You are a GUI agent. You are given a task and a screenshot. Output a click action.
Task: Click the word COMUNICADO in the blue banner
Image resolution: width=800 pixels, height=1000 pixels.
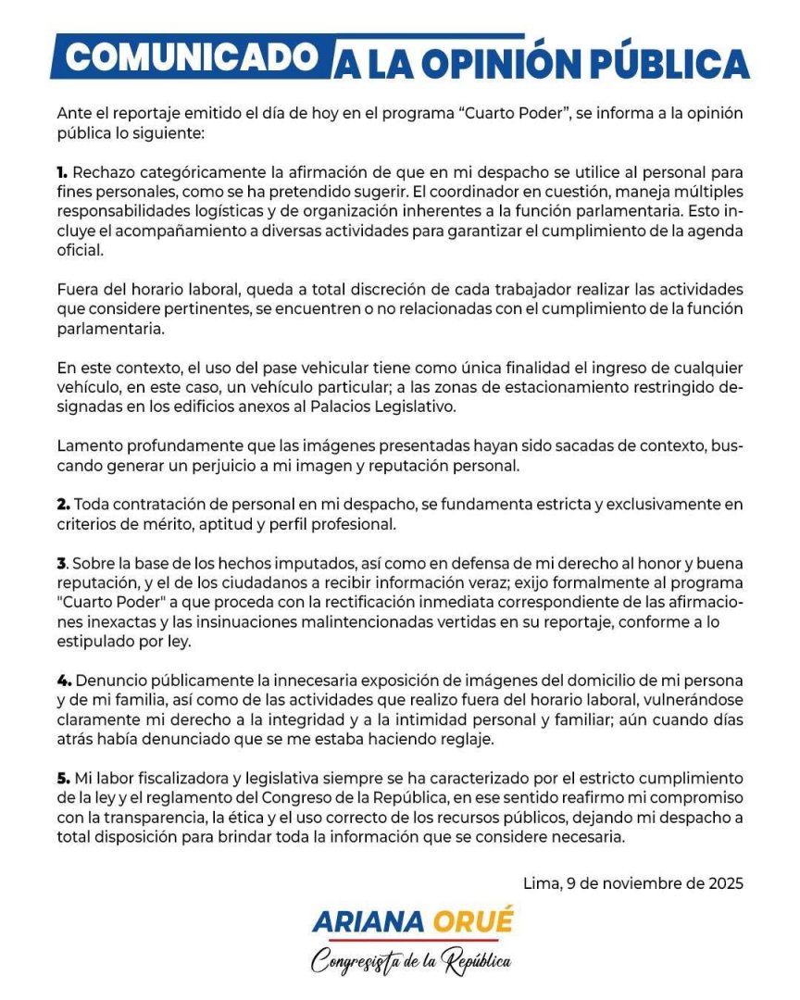[193, 58]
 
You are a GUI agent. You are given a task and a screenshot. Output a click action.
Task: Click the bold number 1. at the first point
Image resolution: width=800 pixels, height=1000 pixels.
[62, 173]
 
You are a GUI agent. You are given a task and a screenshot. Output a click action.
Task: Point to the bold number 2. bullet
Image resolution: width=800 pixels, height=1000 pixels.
[63, 505]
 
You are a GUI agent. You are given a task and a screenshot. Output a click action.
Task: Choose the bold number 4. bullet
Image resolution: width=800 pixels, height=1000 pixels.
[63, 681]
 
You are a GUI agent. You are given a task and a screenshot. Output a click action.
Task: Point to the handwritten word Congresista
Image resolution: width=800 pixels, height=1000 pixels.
[355, 961]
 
